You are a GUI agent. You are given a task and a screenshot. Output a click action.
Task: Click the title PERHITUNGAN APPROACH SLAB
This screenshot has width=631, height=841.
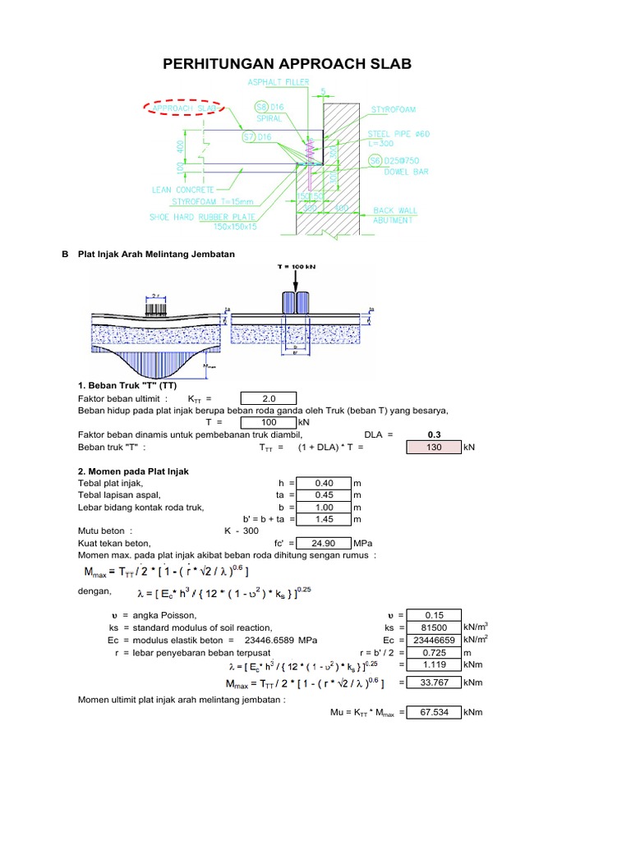[x=288, y=65]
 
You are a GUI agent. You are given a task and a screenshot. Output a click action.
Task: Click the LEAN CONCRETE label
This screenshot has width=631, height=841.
[x=182, y=189]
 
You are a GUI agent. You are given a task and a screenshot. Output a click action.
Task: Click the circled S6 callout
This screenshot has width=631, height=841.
[x=375, y=160]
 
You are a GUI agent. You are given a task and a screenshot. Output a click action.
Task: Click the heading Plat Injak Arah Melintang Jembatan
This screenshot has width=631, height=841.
[x=156, y=255]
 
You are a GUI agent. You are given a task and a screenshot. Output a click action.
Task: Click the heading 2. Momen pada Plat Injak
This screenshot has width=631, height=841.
[x=133, y=471]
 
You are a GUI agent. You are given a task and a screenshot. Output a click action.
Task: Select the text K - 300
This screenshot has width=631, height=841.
[x=242, y=531]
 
